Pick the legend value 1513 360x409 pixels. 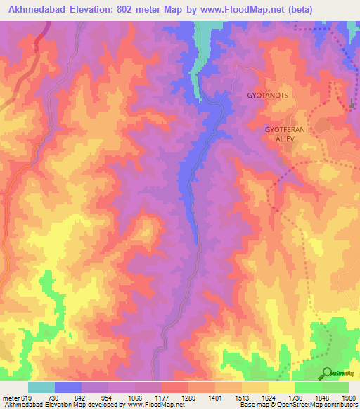243,398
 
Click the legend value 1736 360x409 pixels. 296,398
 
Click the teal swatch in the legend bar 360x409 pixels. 41,387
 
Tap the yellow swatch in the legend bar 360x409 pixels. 281,387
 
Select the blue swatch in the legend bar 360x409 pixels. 68,387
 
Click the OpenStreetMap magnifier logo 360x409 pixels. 328,372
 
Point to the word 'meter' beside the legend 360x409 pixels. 10,398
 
